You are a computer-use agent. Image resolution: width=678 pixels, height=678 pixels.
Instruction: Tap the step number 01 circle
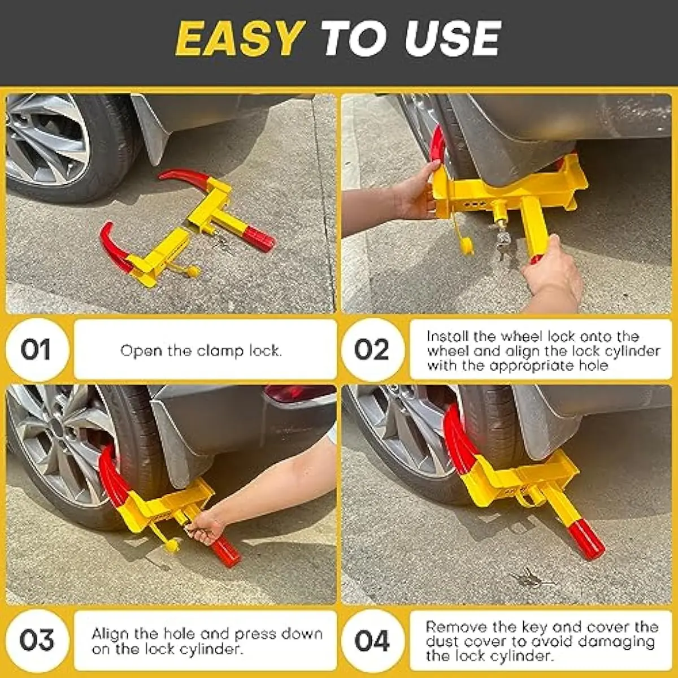point(36,349)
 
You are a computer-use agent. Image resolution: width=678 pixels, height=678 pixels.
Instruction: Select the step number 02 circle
point(372,349)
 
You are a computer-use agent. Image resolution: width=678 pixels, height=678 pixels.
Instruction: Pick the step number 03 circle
point(37,640)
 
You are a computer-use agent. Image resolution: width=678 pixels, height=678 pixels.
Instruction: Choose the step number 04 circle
point(372,641)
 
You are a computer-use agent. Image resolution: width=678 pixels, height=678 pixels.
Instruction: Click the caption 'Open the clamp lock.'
point(201,351)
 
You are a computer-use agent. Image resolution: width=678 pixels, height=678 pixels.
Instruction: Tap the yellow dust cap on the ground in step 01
point(193,272)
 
